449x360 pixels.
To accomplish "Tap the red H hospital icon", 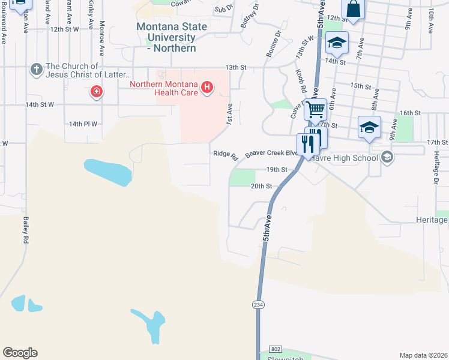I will click(207, 88).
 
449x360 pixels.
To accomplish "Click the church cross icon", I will click(37, 70).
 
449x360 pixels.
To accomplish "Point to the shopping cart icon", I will click(315, 110).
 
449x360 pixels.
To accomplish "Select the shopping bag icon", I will click(353, 9).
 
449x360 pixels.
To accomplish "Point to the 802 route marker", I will click(276, 349).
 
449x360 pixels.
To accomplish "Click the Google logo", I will click(20, 353).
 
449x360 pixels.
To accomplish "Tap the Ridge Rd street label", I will click(226, 154).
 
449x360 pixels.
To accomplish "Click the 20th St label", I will click(261, 186).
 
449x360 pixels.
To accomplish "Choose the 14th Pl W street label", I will click(83, 124).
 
